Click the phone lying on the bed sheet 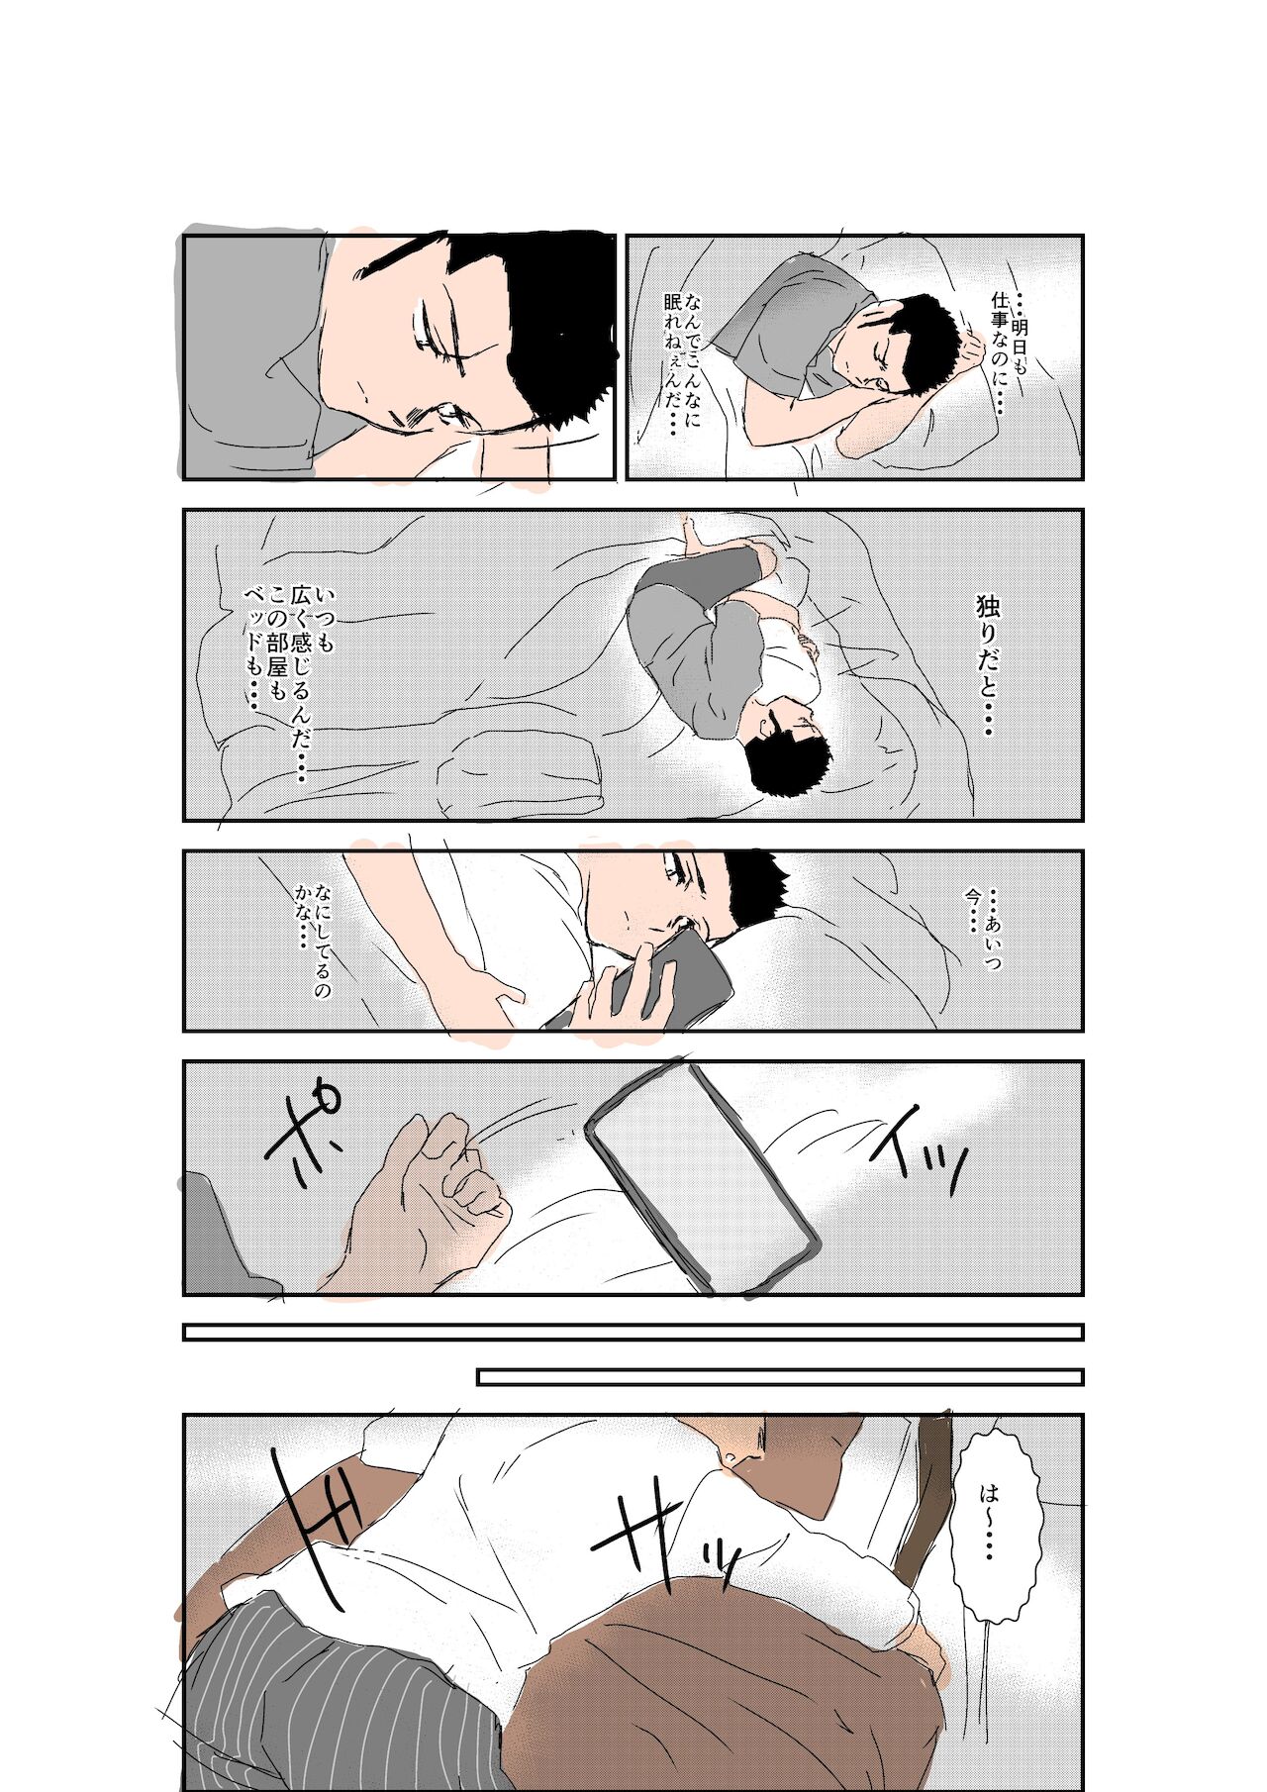tap(703, 1178)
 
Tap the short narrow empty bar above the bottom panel tap(780, 1377)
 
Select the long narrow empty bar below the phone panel tap(633, 1333)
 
